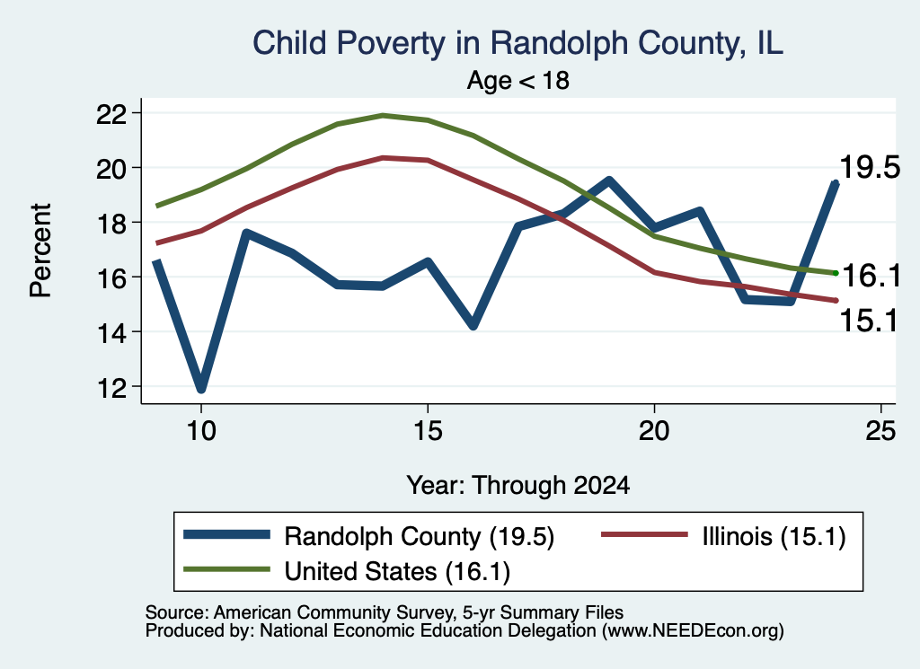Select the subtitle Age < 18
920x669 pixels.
coord(518,80)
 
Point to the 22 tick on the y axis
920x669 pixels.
coord(111,113)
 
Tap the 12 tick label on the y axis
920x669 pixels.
coord(111,387)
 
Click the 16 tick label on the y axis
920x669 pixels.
coord(111,277)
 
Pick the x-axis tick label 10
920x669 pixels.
coord(201,431)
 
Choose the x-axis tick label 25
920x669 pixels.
coord(880,431)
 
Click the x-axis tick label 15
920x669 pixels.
coord(428,431)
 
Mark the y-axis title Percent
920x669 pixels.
coord(40,251)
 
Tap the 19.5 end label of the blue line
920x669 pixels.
coord(870,167)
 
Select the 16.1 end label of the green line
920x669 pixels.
coord(871,276)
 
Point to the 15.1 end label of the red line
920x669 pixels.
coord(869,321)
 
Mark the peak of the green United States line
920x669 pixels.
coord(383,116)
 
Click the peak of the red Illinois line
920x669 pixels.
coord(383,158)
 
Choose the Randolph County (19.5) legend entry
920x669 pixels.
coord(369,536)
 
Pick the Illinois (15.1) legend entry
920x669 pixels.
coord(723,536)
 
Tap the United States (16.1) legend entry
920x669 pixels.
coord(347,571)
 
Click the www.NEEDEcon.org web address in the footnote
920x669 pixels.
coord(693,631)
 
